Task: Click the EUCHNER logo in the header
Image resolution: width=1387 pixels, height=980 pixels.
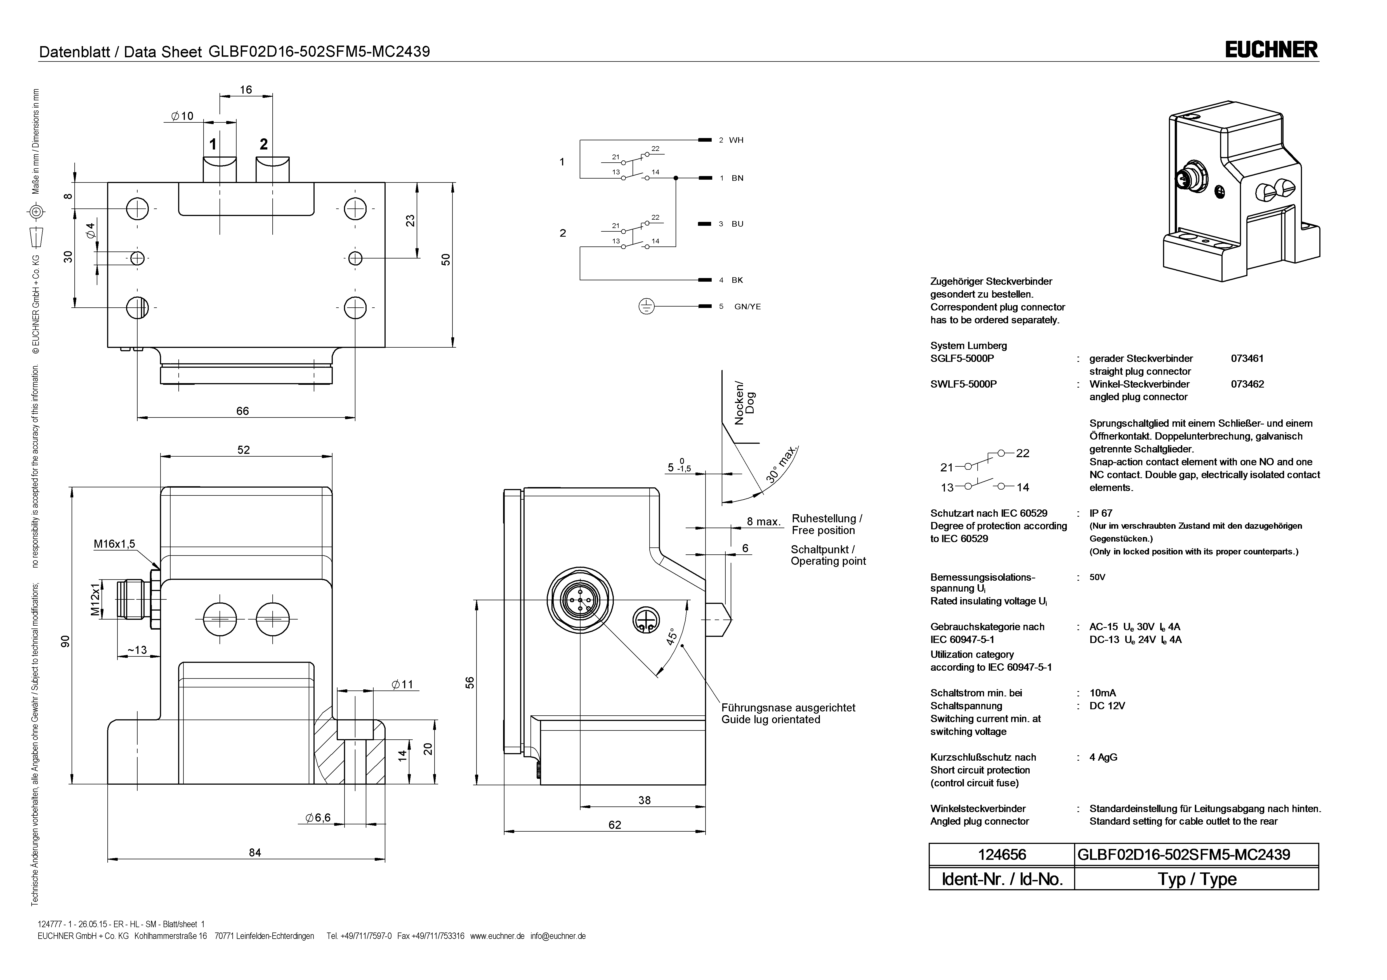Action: coord(1271,49)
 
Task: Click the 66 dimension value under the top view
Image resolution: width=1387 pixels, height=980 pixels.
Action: coord(242,410)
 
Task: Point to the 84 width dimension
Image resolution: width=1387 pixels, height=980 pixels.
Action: coord(255,852)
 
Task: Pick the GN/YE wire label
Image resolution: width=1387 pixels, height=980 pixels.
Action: coord(747,307)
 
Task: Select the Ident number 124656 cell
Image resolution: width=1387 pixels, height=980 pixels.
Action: coord(1002,855)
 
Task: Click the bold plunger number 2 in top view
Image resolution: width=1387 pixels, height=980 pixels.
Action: coord(263,144)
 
